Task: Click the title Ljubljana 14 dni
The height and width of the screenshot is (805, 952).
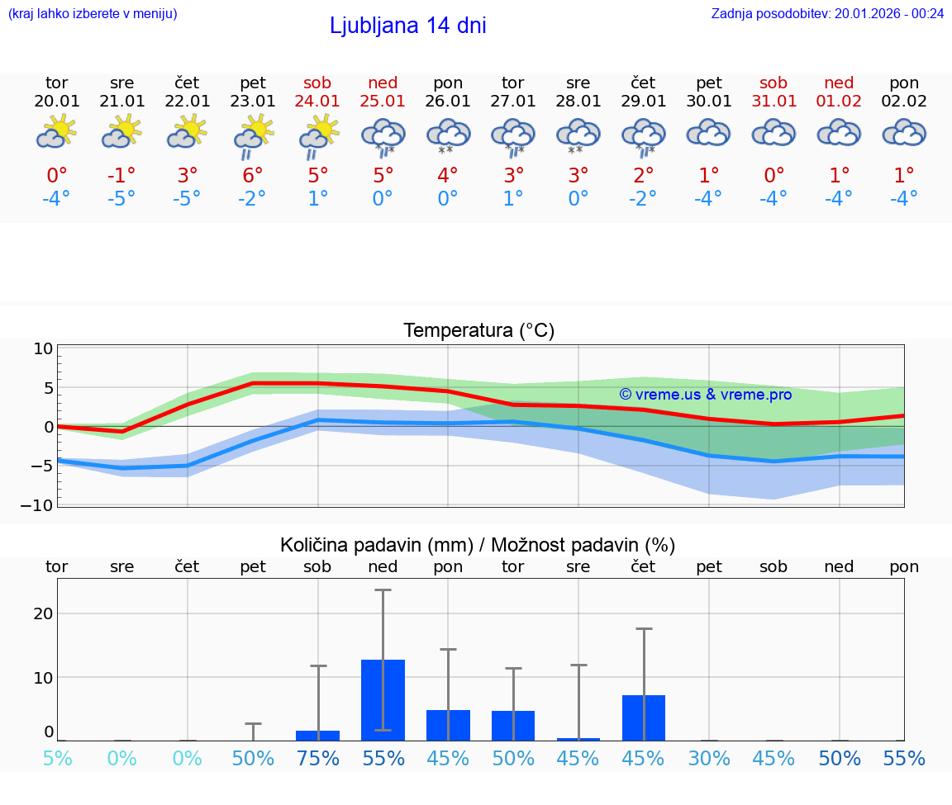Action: point(407,26)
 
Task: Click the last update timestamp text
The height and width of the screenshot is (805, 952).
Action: point(827,13)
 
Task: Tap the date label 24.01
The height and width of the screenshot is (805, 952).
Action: point(317,102)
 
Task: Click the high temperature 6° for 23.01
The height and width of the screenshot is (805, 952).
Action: point(253,175)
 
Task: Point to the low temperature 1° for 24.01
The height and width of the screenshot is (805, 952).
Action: point(318,199)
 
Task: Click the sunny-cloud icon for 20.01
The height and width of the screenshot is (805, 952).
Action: point(56,132)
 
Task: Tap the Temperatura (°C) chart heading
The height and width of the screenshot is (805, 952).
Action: point(478,331)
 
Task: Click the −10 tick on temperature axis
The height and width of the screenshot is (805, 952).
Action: point(43,505)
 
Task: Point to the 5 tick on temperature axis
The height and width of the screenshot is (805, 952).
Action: point(48,388)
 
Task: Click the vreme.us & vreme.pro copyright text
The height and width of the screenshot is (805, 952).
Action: point(706,395)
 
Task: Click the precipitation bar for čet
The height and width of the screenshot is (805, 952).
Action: point(643,717)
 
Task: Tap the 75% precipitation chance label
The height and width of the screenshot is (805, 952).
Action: point(318,759)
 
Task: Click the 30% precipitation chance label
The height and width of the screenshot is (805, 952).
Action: point(709,759)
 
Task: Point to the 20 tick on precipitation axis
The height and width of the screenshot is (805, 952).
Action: point(43,613)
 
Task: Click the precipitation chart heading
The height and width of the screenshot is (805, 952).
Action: point(478,545)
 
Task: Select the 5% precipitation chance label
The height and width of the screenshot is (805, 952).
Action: point(57,759)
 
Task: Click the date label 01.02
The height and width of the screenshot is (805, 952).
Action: point(839,102)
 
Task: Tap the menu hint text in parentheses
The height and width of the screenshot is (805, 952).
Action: point(93,13)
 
